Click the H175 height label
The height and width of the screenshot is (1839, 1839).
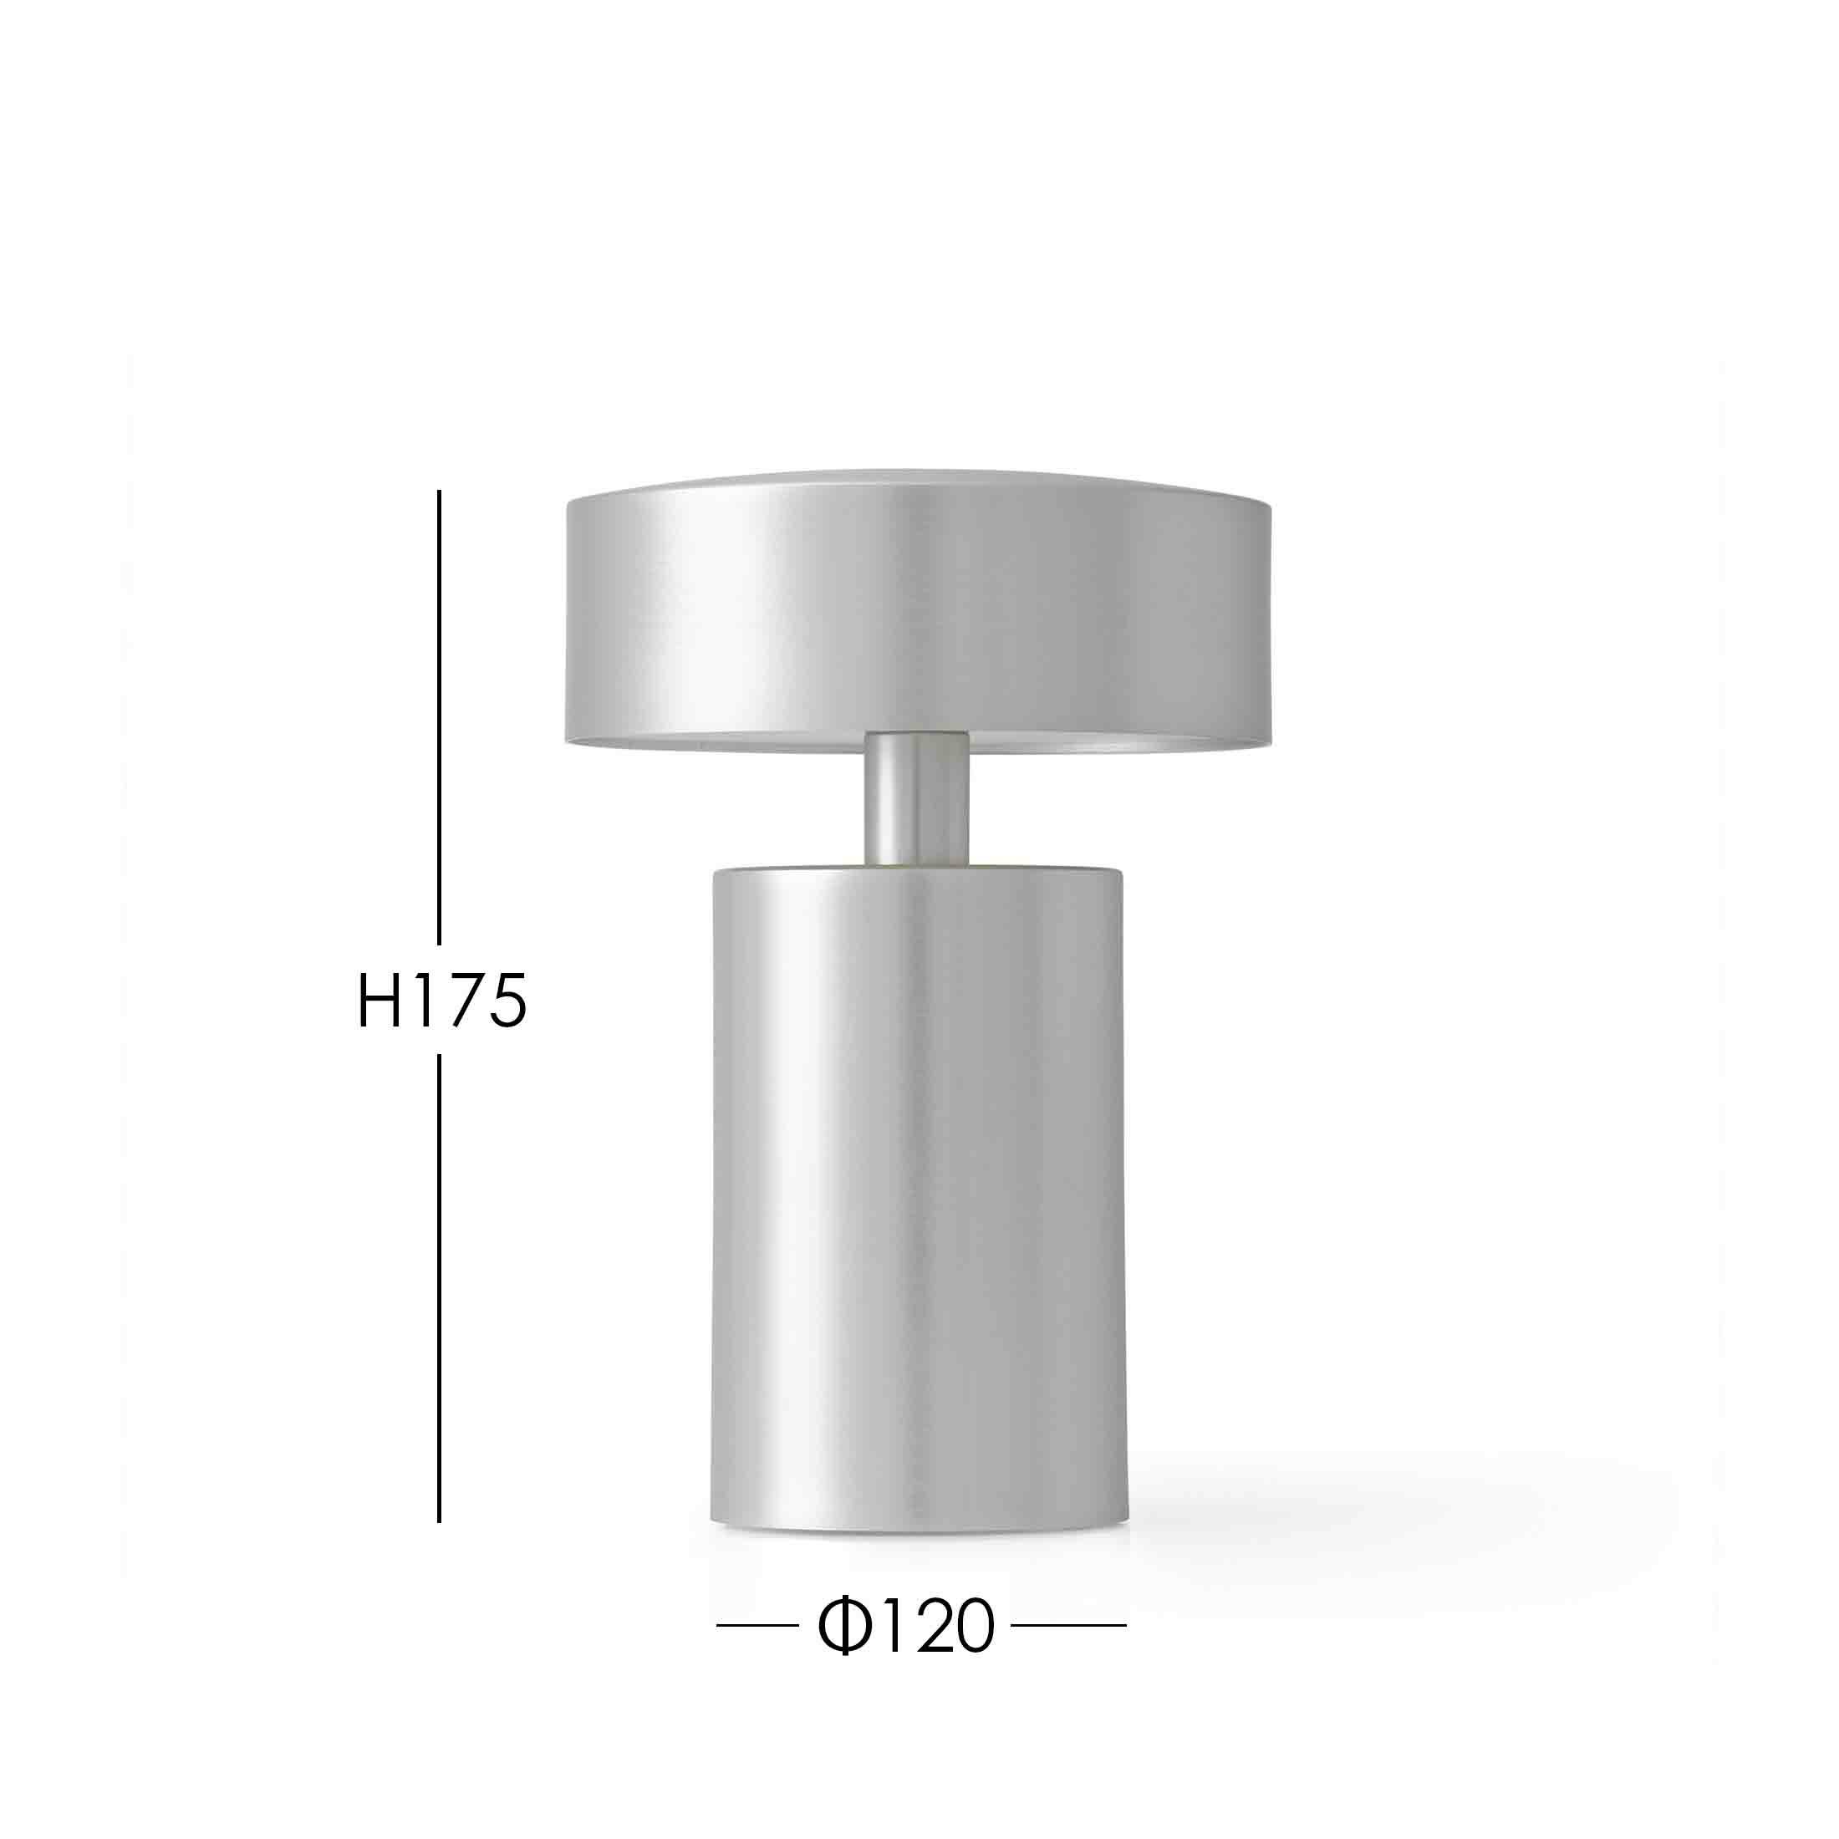point(441,1001)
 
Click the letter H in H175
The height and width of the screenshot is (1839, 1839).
point(378,1001)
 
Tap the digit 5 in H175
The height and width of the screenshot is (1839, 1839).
point(506,1001)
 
